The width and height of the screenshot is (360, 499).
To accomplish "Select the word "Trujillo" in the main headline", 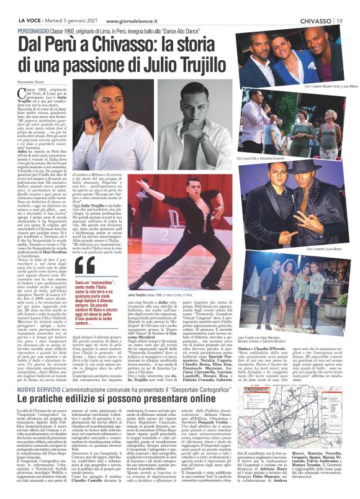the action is [199, 63].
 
